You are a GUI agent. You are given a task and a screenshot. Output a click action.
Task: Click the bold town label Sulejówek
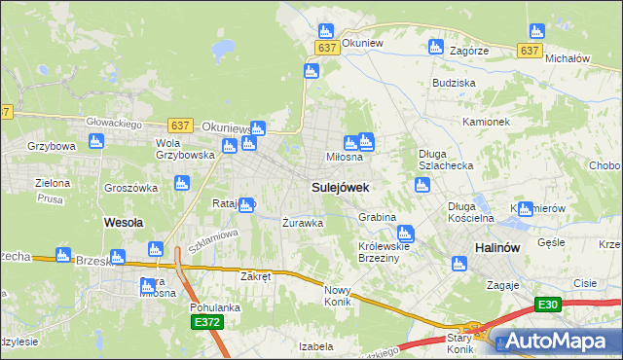pos(339,186)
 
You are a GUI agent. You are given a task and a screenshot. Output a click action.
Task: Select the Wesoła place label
pos(124,222)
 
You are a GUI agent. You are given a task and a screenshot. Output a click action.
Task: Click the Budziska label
pos(454,84)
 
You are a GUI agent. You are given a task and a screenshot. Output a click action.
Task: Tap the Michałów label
pos(568,58)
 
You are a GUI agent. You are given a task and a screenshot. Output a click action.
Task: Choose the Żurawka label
pos(302,222)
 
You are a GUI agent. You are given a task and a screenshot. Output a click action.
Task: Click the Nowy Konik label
pos(337,296)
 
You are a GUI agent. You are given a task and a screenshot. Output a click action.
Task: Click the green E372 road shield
pos(206,322)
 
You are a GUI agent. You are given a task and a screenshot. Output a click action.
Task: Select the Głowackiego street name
pos(115,124)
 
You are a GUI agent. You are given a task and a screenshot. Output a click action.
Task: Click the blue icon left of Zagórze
pos(436,46)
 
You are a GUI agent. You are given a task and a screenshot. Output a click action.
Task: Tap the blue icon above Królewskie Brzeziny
pos(405,233)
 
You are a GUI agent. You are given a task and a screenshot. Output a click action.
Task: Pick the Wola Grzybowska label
pos(185,148)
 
